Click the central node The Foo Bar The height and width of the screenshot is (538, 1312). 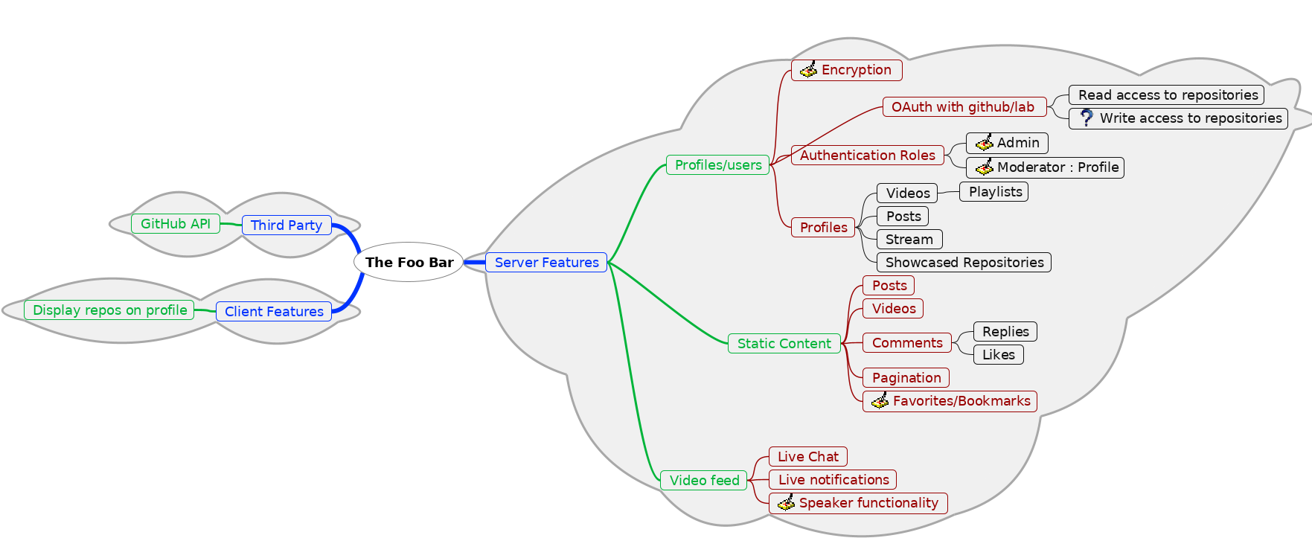tap(409, 262)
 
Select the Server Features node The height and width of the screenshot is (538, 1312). tap(546, 262)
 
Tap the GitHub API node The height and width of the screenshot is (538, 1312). tap(176, 223)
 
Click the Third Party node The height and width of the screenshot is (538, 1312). tap(287, 225)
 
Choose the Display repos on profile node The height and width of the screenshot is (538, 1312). tap(109, 310)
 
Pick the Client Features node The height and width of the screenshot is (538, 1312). tap(274, 311)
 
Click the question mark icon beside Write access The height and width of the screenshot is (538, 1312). tap(1087, 118)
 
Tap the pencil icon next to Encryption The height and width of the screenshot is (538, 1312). tap(808, 70)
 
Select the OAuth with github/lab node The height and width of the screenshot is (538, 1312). tap(963, 106)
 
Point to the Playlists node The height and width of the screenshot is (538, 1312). tap(995, 191)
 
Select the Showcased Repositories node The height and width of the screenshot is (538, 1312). tap(964, 262)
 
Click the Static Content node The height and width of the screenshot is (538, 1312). tap(784, 343)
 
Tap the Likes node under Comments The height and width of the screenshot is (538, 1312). tap(998, 354)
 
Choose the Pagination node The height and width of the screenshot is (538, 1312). tap(906, 377)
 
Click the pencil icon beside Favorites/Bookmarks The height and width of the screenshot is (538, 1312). tap(880, 401)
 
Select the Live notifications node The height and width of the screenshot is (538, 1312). tap(833, 479)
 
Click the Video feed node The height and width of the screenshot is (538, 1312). tap(704, 480)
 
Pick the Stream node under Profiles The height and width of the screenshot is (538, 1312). tap(909, 239)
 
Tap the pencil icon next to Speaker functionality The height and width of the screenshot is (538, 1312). tap(786, 503)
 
